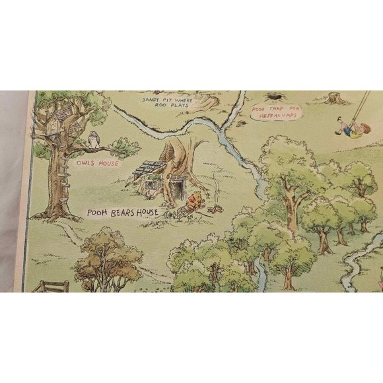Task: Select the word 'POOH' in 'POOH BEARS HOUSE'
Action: [x=100, y=213]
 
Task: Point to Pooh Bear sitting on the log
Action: [x=193, y=199]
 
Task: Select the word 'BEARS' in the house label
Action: [x=129, y=213]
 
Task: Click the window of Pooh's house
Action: [x=153, y=186]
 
